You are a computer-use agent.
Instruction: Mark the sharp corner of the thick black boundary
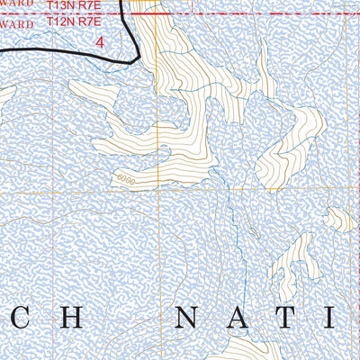[136, 61]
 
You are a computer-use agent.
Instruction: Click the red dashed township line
[225, 14]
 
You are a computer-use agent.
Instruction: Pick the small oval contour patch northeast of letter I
[338, 219]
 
